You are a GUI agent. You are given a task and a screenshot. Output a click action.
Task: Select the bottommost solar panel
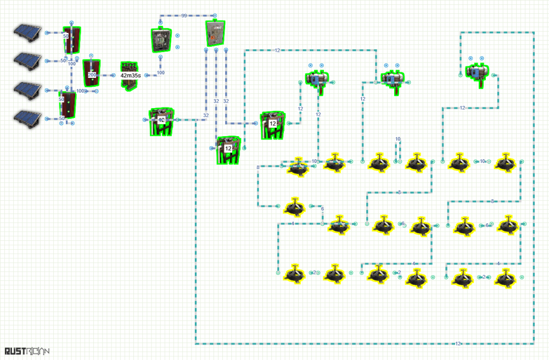click(x=26, y=117)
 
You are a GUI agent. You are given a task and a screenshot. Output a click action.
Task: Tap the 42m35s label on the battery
click(x=131, y=76)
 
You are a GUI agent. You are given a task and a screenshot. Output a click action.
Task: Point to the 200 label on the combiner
click(x=92, y=75)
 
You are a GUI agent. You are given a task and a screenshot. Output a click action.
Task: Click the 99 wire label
click(x=184, y=15)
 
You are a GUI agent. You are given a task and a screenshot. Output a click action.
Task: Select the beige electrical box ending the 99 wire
click(x=215, y=33)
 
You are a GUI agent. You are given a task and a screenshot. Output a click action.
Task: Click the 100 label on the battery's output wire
click(x=161, y=72)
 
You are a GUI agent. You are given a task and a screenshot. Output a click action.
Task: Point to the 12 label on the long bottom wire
click(x=458, y=344)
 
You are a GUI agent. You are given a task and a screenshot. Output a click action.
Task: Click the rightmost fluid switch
click(x=477, y=72)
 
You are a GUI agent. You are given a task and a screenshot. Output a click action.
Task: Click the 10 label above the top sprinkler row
click(x=398, y=139)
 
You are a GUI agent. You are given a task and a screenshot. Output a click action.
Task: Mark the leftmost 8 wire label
click(x=257, y=167)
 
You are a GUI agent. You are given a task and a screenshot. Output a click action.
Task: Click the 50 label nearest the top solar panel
click(x=66, y=36)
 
